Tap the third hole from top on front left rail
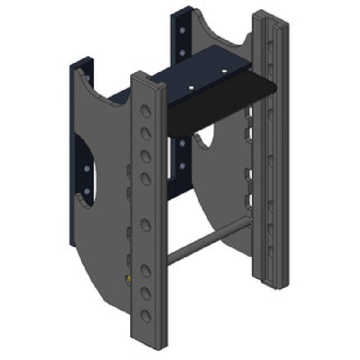click(x=145, y=156)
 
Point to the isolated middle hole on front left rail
click(x=145, y=225)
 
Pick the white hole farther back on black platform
click(x=224, y=71)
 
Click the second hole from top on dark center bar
click(x=182, y=53)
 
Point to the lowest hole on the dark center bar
click(x=182, y=166)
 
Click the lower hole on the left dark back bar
click(x=87, y=192)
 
